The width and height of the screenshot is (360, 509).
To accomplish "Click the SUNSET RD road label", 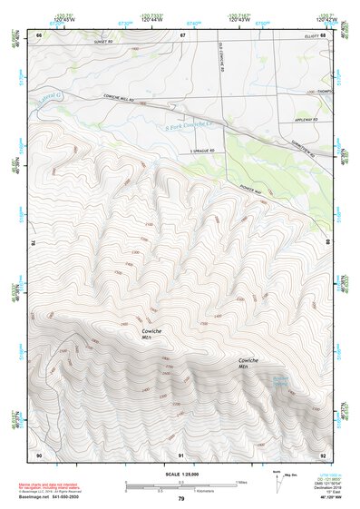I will [x=106, y=42].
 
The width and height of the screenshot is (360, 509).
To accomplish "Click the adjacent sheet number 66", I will [x=38, y=35].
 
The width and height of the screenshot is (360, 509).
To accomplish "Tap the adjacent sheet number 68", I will [x=323, y=35].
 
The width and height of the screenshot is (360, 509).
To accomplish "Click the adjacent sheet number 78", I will [x=34, y=243].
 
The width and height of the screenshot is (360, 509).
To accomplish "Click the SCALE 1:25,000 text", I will [x=180, y=475].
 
